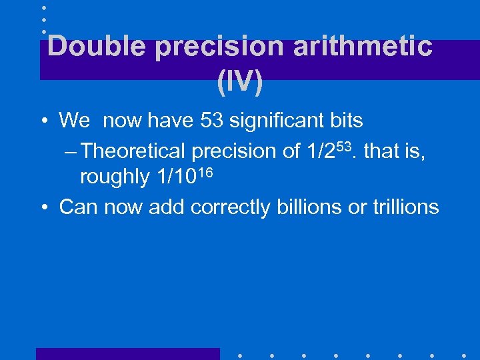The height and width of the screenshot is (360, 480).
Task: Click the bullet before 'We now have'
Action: click(x=43, y=121)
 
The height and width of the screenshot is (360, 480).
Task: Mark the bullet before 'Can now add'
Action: click(x=43, y=208)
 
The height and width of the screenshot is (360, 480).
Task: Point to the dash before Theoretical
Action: click(x=72, y=151)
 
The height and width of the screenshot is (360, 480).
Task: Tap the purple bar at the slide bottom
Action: click(x=127, y=354)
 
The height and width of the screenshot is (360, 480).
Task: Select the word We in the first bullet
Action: click(x=74, y=121)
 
